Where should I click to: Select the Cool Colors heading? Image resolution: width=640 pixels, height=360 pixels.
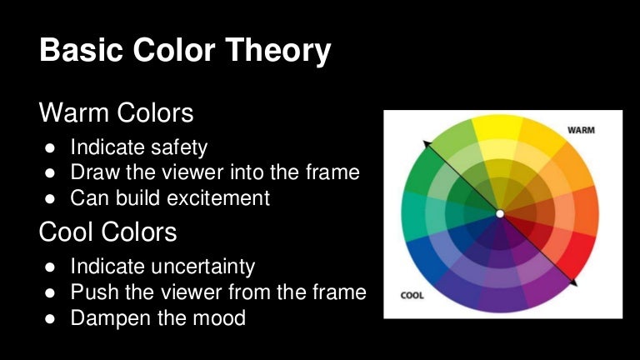coord(107,232)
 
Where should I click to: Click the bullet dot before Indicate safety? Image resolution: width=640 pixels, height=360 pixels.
coord(50,148)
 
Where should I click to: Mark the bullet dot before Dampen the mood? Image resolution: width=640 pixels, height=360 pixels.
coord(50,318)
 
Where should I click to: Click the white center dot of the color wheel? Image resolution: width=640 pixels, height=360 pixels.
coord(499,214)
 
